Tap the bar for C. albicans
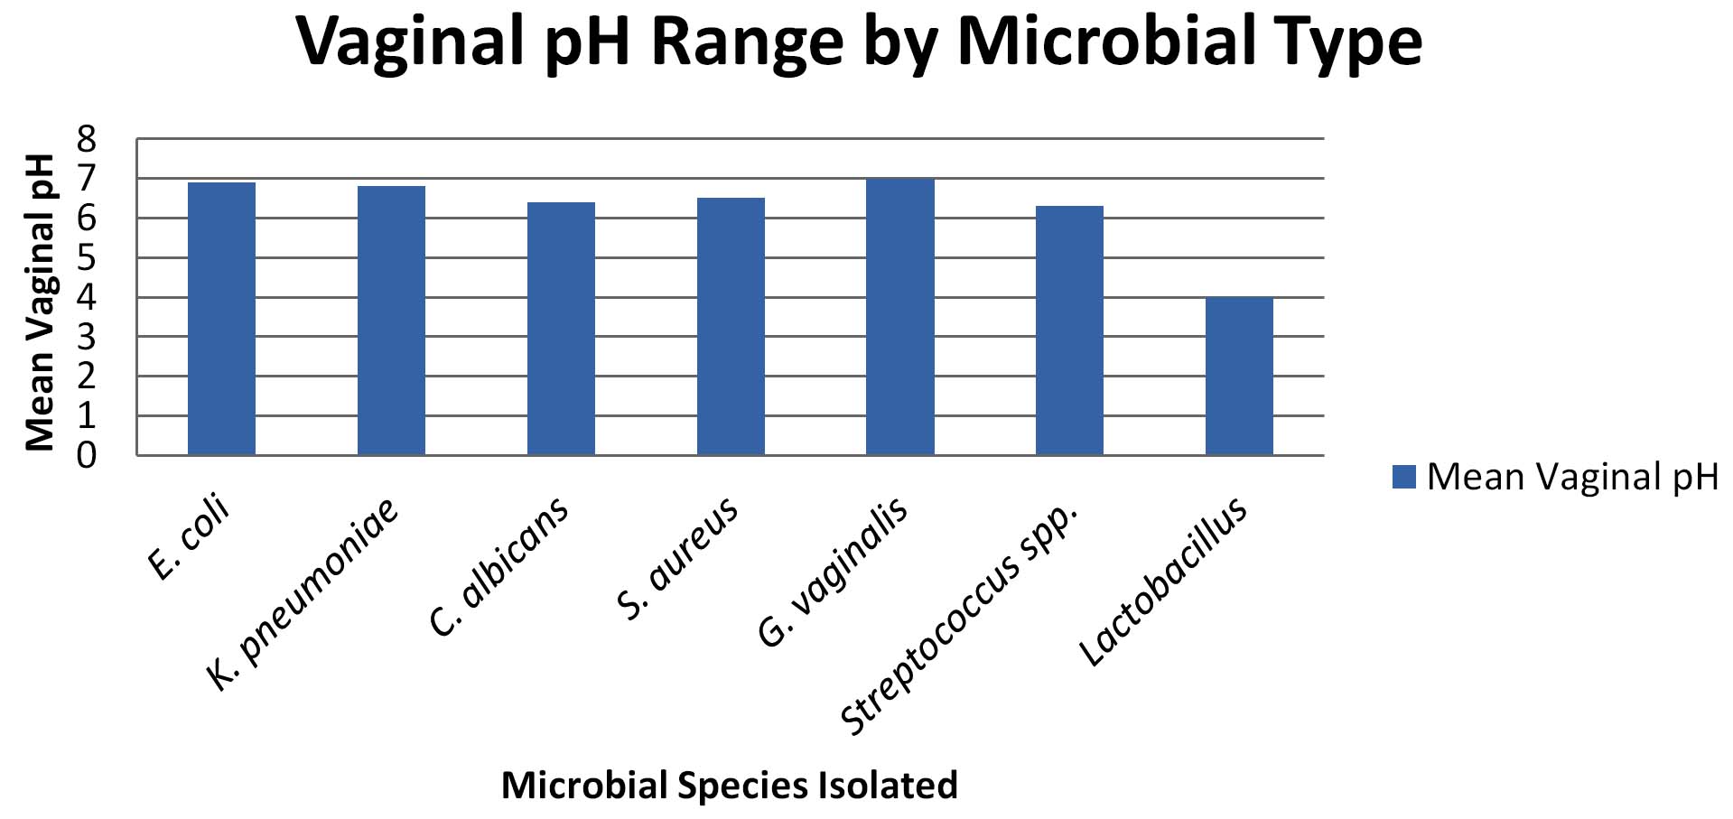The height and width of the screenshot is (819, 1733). pos(561,329)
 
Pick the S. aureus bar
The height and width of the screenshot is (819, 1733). pos(731,326)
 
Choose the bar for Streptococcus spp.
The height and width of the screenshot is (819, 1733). pos(1069,330)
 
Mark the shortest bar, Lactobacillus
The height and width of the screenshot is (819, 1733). pos(1239,376)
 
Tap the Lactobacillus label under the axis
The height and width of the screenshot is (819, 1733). pos(1164,582)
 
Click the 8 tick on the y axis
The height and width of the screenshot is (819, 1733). pos(87,139)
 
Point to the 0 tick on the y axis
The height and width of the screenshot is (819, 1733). pos(87,455)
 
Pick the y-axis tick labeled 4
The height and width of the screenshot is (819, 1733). pos(87,297)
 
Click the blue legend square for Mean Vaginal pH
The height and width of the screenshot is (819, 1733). pos(1403,477)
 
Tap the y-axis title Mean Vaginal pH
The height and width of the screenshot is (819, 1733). pos(40,302)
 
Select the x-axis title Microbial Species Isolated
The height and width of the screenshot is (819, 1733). pos(729,786)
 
